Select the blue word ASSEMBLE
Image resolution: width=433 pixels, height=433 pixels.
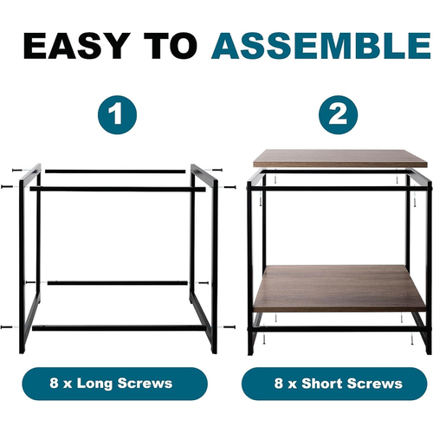point(321,46)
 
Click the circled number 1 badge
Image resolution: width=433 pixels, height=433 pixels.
point(117,114)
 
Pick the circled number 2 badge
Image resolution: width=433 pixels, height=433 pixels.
point(338,114)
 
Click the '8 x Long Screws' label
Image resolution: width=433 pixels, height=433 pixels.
point(114,384)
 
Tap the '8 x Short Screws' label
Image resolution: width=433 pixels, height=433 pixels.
point(334,384)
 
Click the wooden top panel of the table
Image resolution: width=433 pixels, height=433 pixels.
point(339,158)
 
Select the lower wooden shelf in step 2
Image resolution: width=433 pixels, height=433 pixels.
point(339,288)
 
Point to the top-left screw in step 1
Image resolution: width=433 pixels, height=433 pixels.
point(17,171)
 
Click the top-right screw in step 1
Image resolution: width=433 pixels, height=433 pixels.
point(216,170)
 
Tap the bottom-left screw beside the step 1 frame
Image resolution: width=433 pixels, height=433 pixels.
point(6,327)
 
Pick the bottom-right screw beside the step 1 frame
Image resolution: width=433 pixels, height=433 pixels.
point(229,327)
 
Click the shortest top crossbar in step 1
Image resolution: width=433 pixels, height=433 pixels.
point(115,171)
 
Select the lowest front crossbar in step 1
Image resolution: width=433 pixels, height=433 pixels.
point(118,328)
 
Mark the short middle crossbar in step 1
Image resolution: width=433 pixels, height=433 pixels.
point(118,283)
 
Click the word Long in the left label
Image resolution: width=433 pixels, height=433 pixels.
point(94,384)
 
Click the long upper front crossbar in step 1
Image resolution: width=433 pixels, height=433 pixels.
point(118,190)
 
